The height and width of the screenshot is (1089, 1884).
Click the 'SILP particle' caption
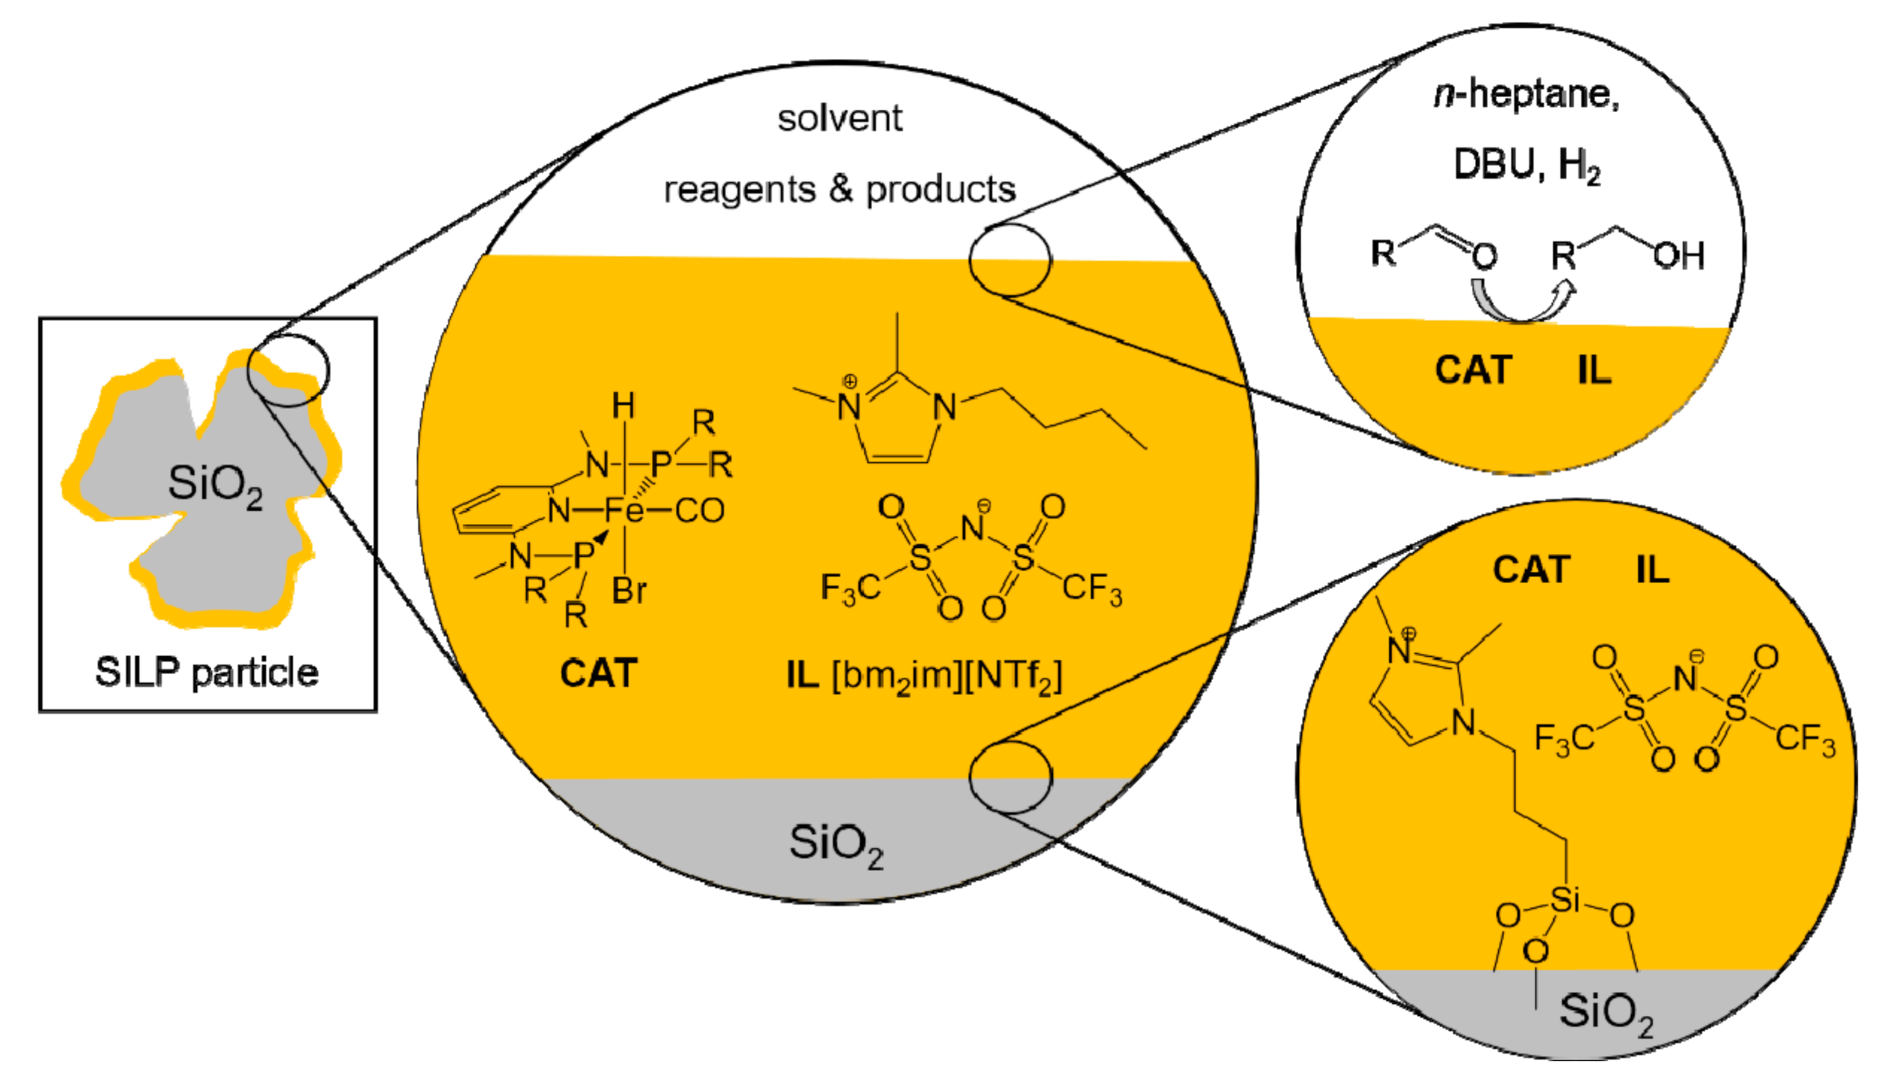207,672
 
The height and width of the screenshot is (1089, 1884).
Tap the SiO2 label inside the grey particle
215,484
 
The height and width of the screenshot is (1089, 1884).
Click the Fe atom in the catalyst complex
624,511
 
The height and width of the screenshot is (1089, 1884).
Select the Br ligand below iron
629,591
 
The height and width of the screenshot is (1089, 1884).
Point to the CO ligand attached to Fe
699,511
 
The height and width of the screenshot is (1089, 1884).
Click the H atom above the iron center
623,407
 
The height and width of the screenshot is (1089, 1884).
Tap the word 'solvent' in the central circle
839,118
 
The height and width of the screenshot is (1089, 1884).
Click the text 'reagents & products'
839,190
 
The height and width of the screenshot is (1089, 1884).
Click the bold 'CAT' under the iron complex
598,673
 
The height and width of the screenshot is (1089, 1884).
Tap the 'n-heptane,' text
1527,95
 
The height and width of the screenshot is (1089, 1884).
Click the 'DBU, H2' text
1527,164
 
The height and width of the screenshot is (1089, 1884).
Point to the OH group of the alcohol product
1678,256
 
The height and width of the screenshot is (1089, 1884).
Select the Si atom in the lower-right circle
1565,899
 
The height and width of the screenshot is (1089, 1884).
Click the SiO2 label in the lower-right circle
1605,1012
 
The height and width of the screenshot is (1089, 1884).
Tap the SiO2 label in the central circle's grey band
836,843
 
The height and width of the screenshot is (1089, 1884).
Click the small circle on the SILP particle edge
288,370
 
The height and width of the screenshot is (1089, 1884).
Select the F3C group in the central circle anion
851,588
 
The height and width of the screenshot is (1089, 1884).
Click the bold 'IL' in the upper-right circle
1594,370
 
